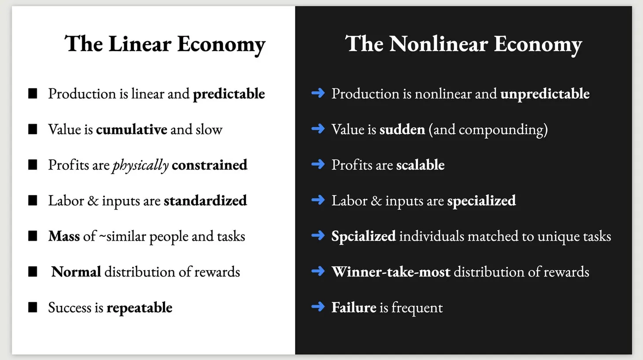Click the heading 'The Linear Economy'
point(165,44)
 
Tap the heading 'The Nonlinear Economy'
point(463,44)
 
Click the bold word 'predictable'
point(229,94)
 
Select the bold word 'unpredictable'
point(545,94)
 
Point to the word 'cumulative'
point(131,129)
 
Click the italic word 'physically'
point(140,165)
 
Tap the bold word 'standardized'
point(205,201)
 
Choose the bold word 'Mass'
point(64,236)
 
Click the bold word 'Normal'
point(76,272)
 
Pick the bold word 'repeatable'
point(139,308)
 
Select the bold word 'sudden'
point(402,129)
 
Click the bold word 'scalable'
point(420,165)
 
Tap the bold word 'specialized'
point(481,201)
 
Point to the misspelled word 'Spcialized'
point(363,236)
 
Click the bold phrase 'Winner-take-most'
point(391,272)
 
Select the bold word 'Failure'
point(354,307)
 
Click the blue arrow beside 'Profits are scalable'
point(318,165)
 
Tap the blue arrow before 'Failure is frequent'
point(318,307)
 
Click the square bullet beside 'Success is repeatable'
point(33,307)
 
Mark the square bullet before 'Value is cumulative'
point(33,129)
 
